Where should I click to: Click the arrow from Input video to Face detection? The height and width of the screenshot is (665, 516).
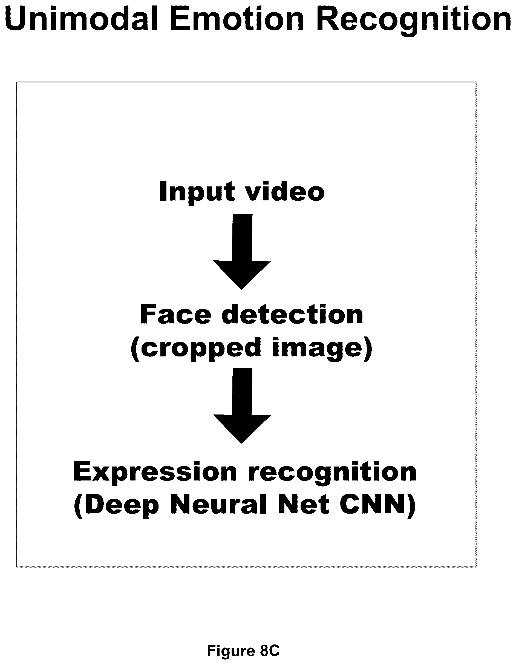242,252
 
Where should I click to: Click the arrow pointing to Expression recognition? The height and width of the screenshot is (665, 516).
242,405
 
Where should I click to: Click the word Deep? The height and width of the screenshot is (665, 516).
117,505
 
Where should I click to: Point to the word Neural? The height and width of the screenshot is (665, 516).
218,504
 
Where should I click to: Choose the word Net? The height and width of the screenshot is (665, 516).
304,504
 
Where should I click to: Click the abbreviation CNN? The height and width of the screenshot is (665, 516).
378,505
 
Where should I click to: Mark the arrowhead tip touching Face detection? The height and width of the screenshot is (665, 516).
241,290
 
